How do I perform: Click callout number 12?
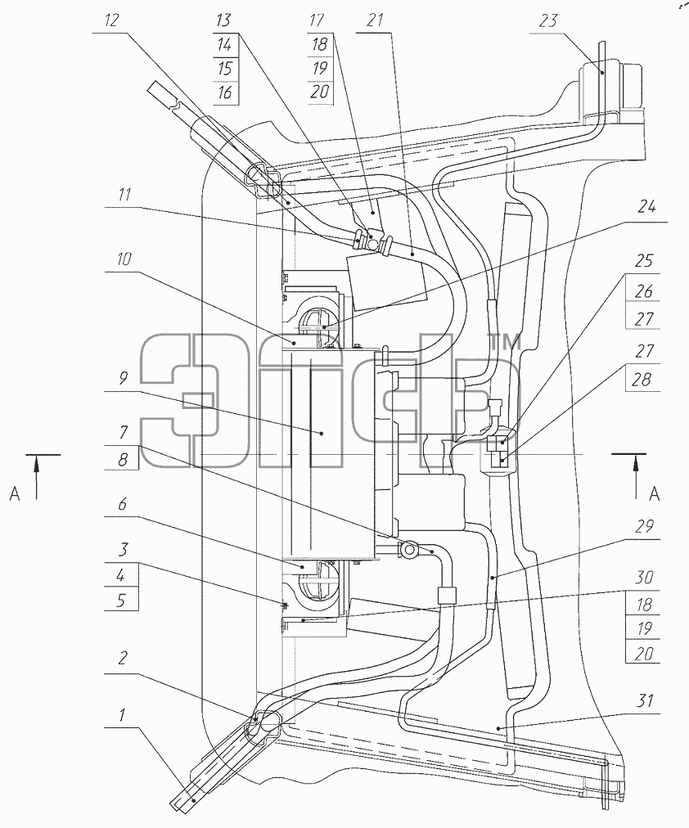(111, 20)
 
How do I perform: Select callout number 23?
(548, 20)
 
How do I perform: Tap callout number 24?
(646, 206)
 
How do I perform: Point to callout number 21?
(374, 20)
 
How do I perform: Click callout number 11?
(124, 195)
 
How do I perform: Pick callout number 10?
(124, 259)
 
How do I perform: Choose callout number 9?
(123, 379)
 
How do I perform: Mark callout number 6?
(123, 504)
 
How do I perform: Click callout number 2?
(123, 658)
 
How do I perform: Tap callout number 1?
(122, 716)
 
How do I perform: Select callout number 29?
(644, 526)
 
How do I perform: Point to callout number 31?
(645, 700)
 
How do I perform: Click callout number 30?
(644, 578)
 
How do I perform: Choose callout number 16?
(224, 92)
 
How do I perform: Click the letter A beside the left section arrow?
(15, 493)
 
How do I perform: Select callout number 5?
(121, 601)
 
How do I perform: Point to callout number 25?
(644, 261)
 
